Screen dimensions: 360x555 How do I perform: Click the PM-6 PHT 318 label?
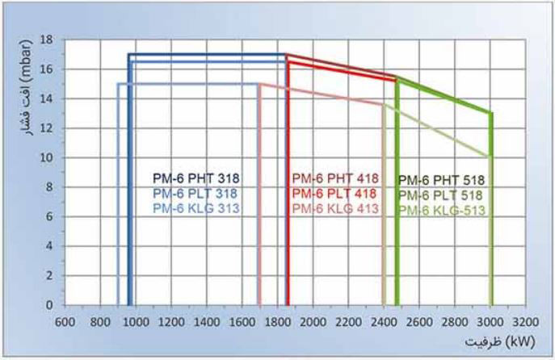(x=196, y=178)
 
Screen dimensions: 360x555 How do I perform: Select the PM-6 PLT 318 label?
(x=196, y=193)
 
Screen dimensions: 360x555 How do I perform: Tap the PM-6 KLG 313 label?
(x=196, y=207)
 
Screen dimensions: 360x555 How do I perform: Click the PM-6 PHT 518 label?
(x=440, y=181)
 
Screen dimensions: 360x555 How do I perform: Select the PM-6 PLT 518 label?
(x=440, y=195)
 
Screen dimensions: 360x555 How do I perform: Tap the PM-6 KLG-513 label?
(x=440, y=210)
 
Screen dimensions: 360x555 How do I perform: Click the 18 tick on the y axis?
(x=47, y=40)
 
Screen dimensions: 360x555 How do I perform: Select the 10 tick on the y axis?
(x=47, y=157)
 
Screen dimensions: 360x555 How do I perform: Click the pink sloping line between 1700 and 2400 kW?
(x=323, y=94)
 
